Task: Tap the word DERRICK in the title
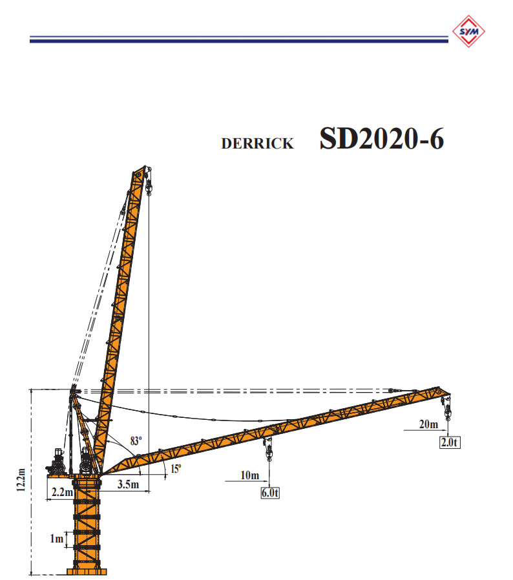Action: click(257, 144)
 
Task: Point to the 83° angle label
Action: click(136, 441)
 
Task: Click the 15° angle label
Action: click(176, 469)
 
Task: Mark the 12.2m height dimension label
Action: click(22, 481)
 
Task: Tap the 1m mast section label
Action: click(57, 538)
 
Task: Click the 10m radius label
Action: click(250, 476)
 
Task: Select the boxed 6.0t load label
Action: click(269, 493)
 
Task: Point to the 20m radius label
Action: click(428, 424)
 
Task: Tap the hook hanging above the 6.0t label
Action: click(266, 450)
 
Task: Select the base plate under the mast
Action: click(87, 571)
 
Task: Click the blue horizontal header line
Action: click(239, 40)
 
